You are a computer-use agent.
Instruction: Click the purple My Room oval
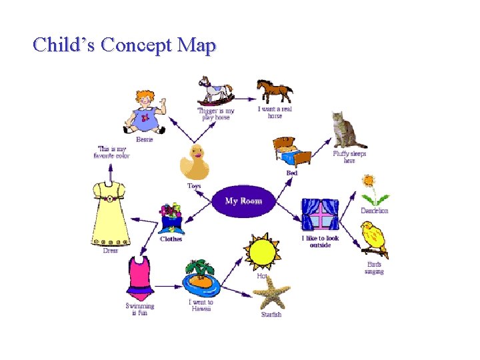tap(243, 201)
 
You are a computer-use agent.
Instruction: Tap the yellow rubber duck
tap(195, 163)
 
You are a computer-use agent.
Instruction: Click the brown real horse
tap(275, 91)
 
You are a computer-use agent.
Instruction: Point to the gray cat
tap(347, 130)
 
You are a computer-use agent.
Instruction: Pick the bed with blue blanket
tap(292, 153)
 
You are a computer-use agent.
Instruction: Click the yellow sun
tap(261, 252)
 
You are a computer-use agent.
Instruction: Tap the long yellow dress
tap(111, 213)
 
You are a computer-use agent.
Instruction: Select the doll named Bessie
tap(144, 112)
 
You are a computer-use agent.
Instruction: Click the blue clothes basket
tap(171, 219)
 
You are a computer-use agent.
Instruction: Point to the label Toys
tap(194, 186)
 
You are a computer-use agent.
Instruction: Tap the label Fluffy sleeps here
tap(349, 157)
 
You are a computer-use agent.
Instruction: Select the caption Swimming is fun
tap(139, 309)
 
